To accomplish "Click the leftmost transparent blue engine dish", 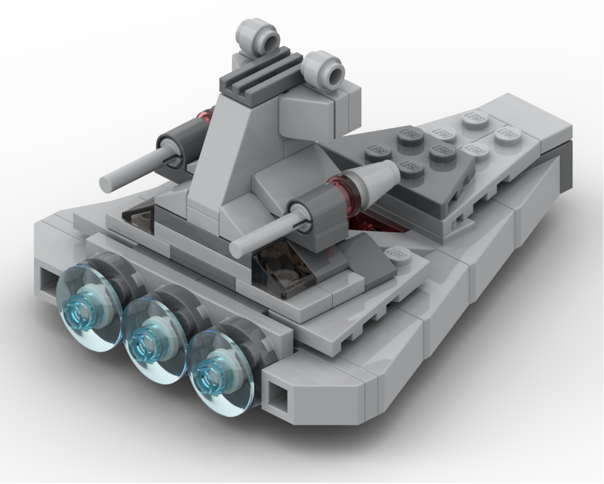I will point(88,307).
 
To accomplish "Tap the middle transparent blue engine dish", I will point(154,340).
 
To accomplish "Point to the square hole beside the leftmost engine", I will point(47,280).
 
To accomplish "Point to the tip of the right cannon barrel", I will point(238,248).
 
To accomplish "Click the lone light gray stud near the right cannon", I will point(397,255).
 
